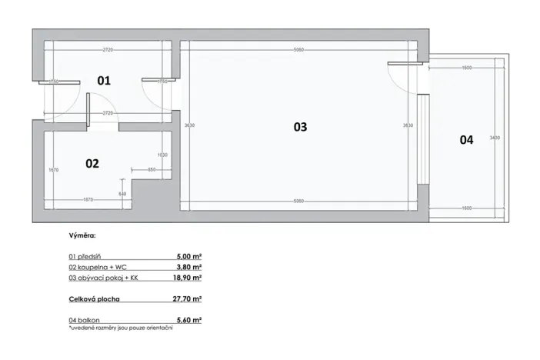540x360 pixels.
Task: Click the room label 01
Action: click(104, 79)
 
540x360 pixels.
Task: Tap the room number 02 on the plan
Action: click(92, 163)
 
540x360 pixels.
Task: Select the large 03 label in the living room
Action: click(300, 127)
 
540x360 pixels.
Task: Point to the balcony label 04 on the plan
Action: click(466, 140)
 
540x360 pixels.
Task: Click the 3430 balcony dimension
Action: click(495, 138)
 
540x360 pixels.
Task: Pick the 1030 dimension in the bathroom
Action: click(162, 155)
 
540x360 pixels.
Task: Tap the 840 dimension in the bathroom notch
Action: click(122, 193)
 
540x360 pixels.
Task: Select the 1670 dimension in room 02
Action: click(53, 170)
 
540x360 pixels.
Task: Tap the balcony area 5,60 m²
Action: click(189, 318)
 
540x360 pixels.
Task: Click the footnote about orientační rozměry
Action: click(121, 328)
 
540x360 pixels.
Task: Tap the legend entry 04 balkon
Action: click(85, 318)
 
